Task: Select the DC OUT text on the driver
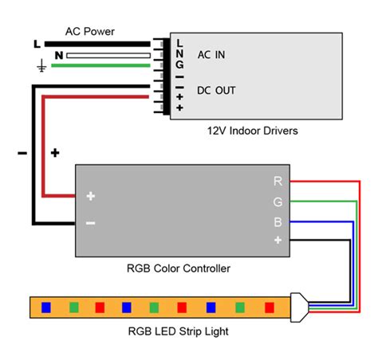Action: (216, 91)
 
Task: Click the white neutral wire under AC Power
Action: (108, 56)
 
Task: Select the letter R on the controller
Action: (278, 182)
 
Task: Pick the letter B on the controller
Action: (278, 221)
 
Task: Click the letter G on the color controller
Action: (278, 202)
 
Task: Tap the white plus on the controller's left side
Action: (91, 196)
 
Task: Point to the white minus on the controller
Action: (91, 223)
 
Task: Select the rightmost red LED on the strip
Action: (263, 306)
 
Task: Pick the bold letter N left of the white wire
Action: (57, 55)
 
